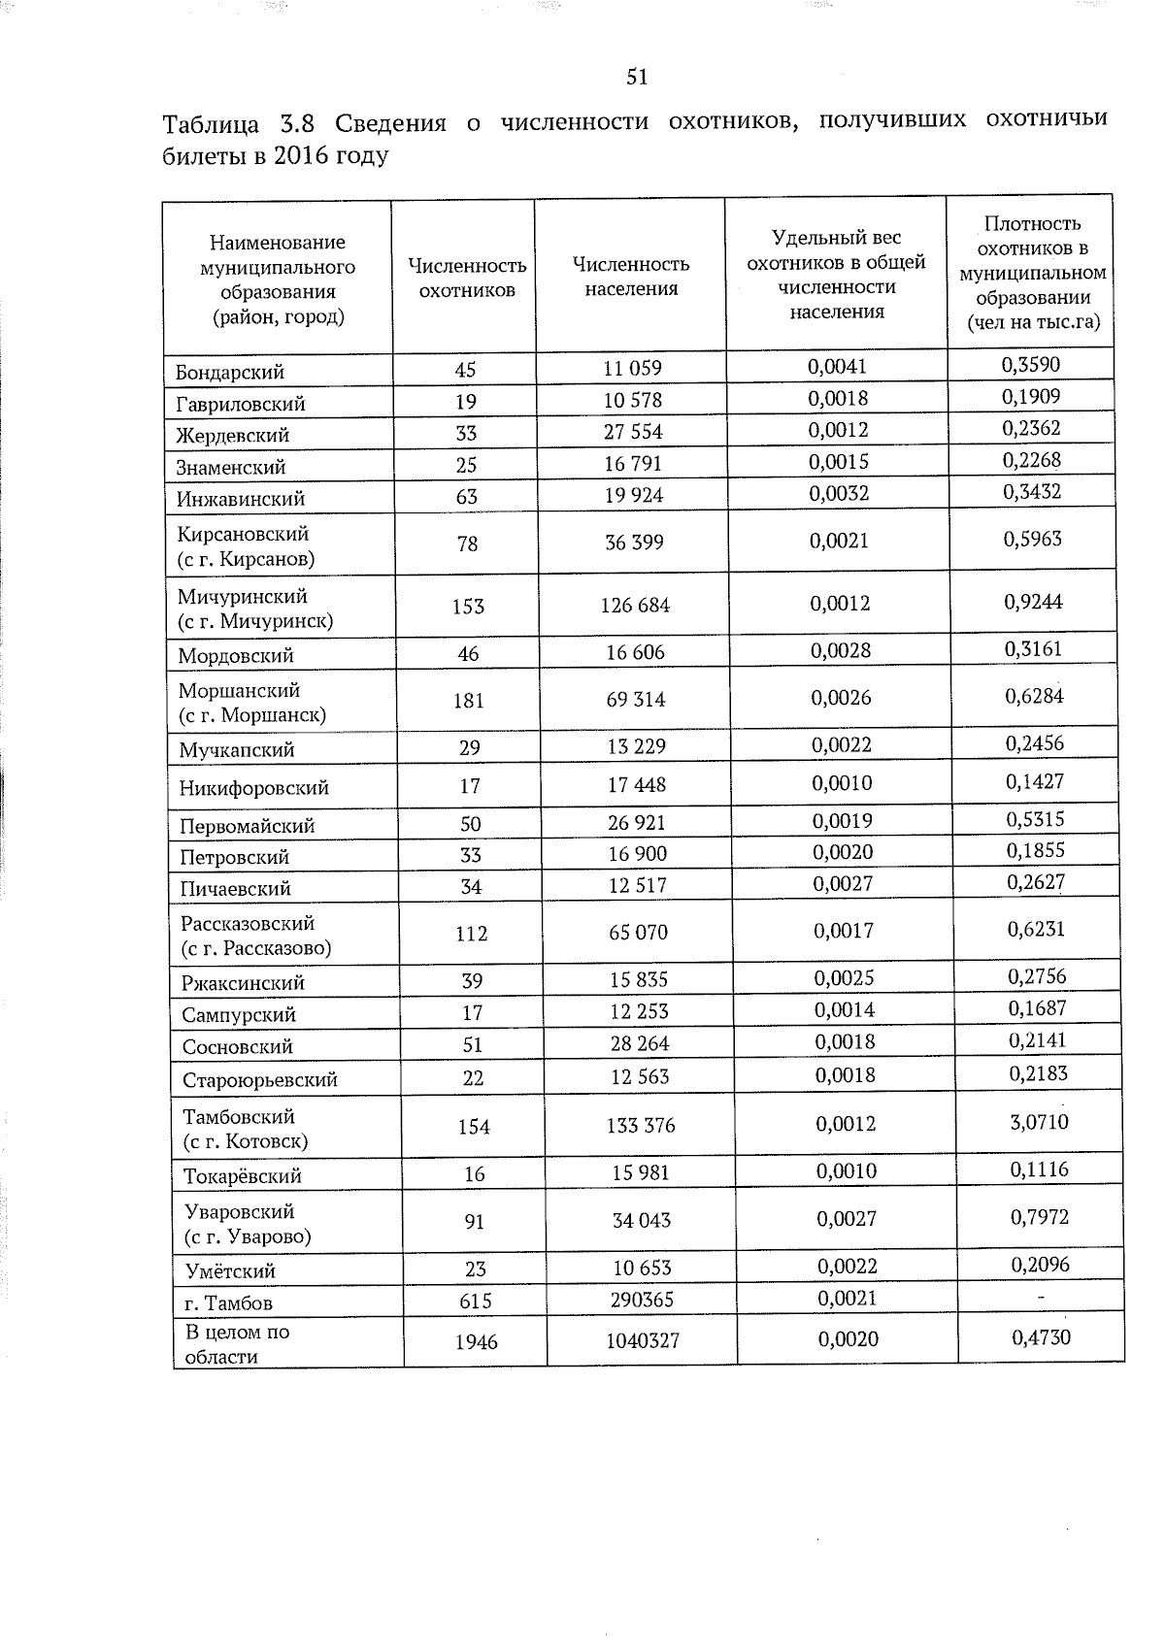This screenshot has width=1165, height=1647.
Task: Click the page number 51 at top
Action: pos(637,78)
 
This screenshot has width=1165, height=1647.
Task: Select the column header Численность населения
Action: pos(631,277)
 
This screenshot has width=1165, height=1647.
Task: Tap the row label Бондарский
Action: pos(230,373)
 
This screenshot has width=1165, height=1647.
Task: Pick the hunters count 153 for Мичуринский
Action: pos(468,607)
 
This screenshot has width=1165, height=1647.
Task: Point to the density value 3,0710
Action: pos(1039,1123)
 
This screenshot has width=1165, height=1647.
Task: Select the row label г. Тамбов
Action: pos(228,1303)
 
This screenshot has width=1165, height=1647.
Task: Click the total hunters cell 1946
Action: pos(476,1342)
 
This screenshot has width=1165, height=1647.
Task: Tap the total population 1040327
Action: pos(643,1341)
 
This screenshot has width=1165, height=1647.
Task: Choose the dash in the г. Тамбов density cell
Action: pos(1041,1298)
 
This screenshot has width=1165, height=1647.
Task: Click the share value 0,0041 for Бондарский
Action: pos(837,367)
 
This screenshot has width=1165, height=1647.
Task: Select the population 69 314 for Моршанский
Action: pos(636,700)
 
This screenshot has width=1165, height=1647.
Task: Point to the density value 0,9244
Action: pos(1034,602)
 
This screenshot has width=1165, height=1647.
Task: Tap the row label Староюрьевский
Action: pos(259,1080)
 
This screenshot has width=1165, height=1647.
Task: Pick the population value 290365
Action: pos(643,1301)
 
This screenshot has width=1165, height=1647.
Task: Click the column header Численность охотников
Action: pos(467,278)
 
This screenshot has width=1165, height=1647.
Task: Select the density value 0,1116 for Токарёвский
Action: pos(1039,1170)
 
